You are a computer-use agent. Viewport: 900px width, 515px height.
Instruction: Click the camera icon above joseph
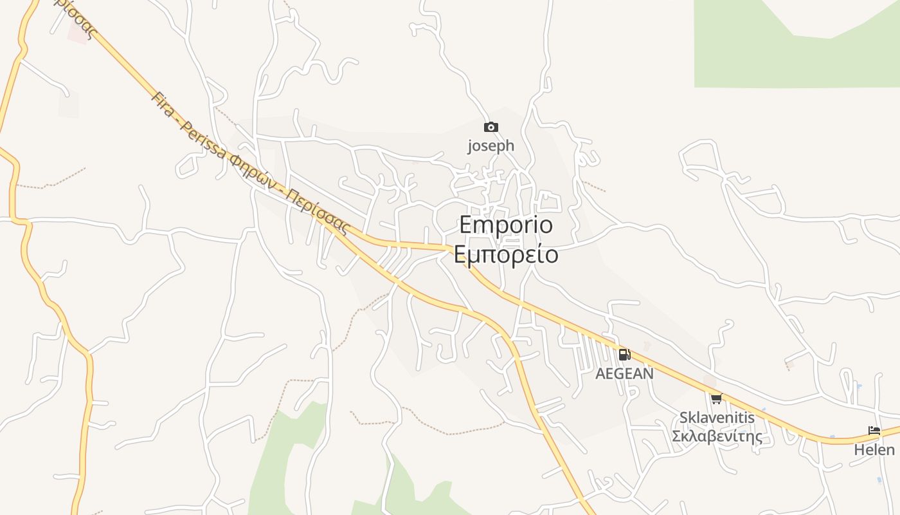(491, 127)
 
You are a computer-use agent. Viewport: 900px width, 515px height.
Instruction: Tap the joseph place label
(491, 145)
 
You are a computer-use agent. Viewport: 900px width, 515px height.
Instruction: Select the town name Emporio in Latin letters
(506, 225)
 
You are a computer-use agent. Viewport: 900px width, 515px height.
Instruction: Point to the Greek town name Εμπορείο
(506, 254)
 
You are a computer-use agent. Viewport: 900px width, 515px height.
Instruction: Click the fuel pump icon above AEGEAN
(624, 355)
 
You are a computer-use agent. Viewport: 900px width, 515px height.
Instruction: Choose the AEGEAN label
(624, 373)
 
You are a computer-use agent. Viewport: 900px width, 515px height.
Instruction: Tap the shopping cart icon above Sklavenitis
(716, 398)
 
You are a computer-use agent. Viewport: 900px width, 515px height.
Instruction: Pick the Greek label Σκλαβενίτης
(717, 436)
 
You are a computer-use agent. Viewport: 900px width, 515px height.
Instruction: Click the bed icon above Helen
(874, 431)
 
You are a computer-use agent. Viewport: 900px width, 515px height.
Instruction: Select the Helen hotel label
(874, 449)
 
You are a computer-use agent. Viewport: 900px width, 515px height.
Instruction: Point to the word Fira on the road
(163, 104)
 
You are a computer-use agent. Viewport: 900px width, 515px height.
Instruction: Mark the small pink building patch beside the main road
(78, 35)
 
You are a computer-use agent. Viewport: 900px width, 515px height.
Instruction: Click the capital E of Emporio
(467, 225)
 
